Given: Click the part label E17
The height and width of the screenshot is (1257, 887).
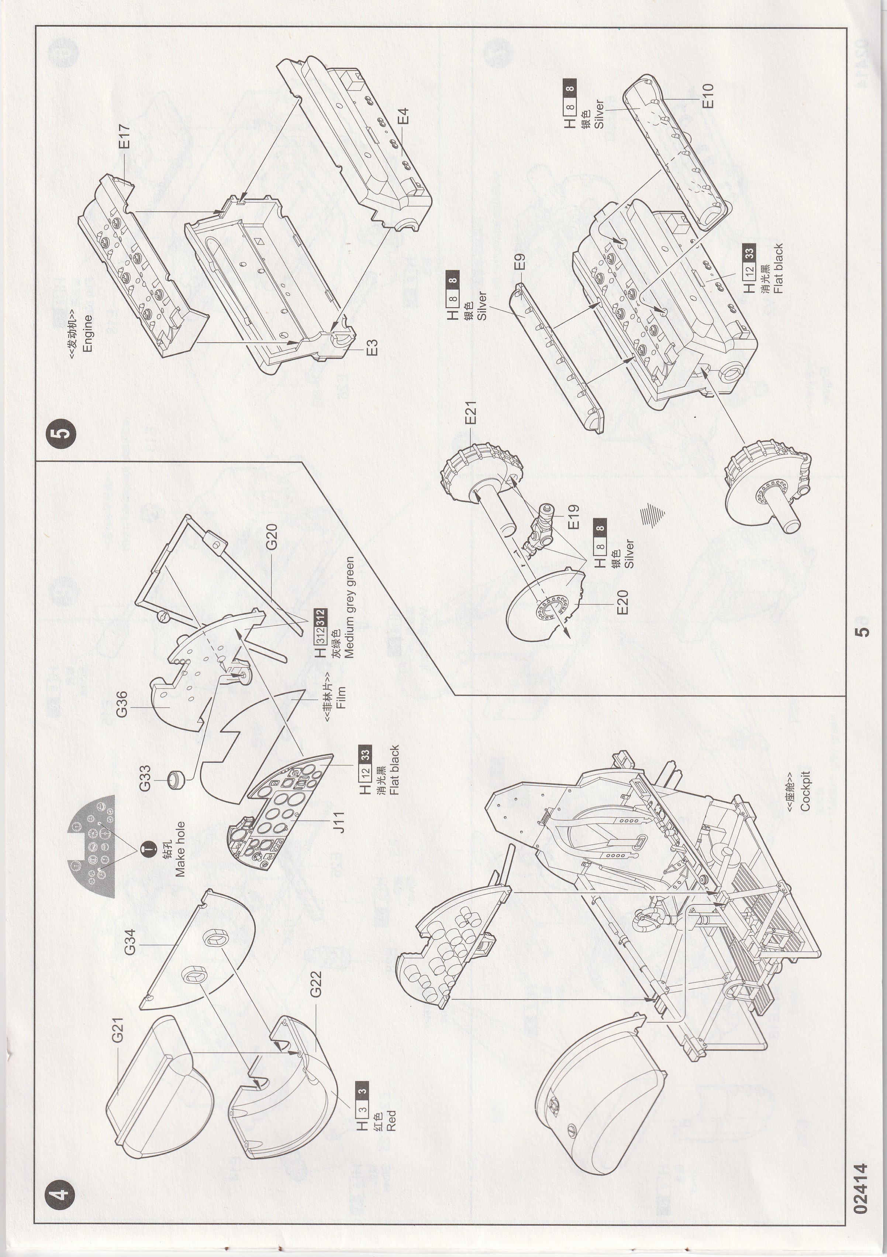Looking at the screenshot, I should tap(125, 137).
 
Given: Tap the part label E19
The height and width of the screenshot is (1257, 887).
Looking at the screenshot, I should tap(573, 516).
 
